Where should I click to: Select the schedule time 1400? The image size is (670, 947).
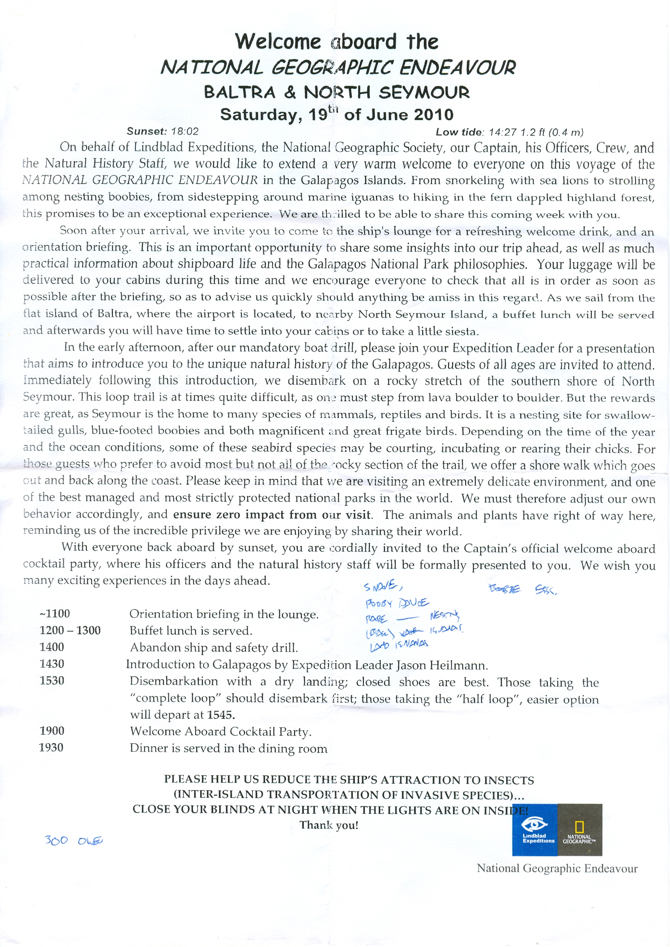(52, 647)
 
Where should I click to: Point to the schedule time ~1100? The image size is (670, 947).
(54, 613)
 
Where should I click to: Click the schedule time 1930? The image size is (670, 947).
(51, 748)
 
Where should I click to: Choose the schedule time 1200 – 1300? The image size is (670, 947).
(70, 630)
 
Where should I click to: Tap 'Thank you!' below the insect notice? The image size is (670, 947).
(329, 825)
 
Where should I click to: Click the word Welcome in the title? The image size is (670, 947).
(278, 41)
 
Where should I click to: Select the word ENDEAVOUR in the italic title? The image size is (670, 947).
(457, 67)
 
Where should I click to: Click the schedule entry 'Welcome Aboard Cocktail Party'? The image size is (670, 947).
(220, 731)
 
